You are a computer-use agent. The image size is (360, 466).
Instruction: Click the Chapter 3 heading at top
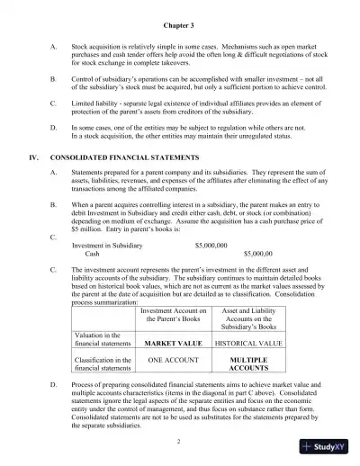point(179,27)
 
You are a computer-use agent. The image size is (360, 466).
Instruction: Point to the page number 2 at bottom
point(179,441)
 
